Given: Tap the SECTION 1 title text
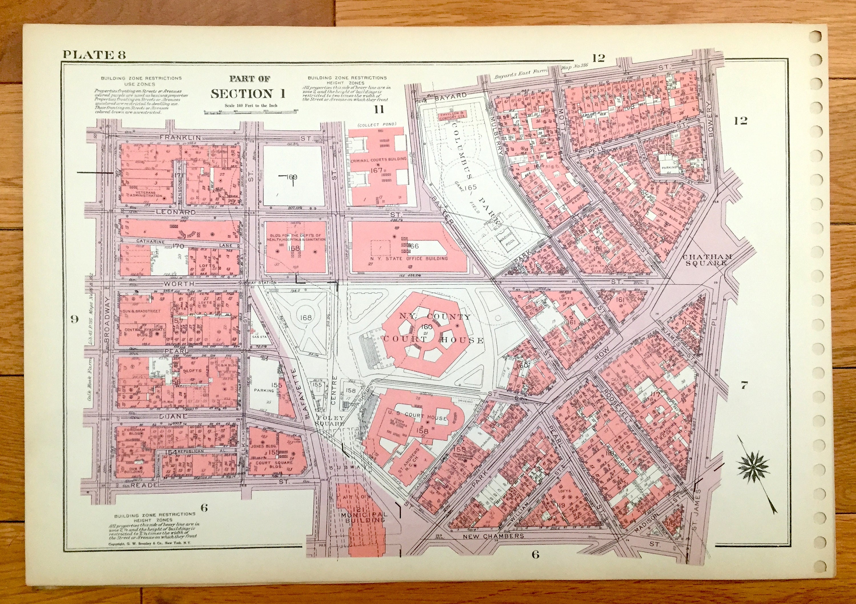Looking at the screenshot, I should pos(248,93).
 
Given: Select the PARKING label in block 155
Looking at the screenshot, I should pos(264,391).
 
